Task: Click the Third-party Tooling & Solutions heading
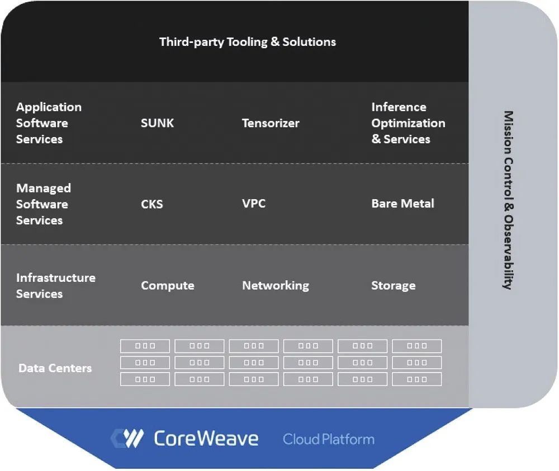[x=248, y=42]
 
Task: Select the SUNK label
[x=157, y=123]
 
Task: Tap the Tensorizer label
[x=271, y=123]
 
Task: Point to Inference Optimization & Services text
[x=408, y=123]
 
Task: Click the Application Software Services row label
[x=49, y=123]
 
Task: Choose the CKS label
[x=152, y=204]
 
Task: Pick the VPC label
[x=254, y=204]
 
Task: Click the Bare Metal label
[x=402, y=204]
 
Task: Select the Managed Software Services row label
[x=44, y=204]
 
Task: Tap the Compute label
[x=168, y=285]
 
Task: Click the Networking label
[x=275, y=285]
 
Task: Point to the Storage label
[x=393, y=285]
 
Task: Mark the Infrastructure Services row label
[x=55, y=285]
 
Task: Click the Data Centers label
[x=55, y=368]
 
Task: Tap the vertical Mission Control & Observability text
[x=508, y=200]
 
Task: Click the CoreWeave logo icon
[x=127, y=439]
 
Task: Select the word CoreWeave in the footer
[x=206, y=439]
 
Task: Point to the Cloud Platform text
[x=329, y=439]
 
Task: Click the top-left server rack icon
[x=145, y=346]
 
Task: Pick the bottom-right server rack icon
[x=417, y=379]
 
